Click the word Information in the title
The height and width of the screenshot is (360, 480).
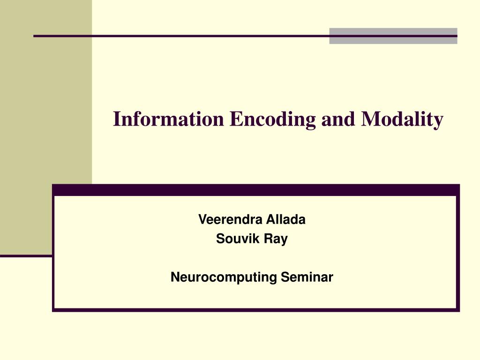point(169,120)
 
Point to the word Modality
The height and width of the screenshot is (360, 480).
point(402,120)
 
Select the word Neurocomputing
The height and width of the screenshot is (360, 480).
point(224,277)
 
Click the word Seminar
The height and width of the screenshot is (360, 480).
point(307,277)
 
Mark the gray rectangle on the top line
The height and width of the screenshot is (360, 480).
point(393,36)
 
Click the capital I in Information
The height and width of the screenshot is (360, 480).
point(117,120)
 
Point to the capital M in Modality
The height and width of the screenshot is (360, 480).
point(369,120)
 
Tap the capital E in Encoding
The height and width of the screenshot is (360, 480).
point(234,120)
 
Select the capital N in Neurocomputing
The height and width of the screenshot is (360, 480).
point(174,277)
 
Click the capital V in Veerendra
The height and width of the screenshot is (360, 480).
point(202,219)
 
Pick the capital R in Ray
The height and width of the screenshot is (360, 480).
point(267,239)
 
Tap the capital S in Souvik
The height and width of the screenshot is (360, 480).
point(219,239)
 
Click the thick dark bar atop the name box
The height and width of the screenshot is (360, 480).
point(255,190)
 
